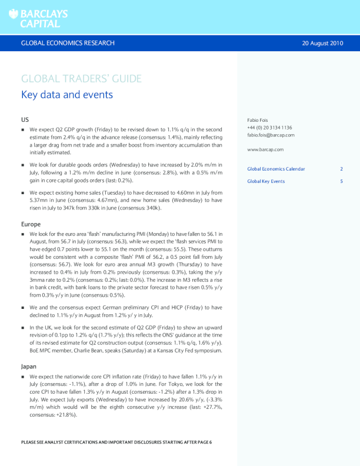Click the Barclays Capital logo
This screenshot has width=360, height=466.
click(x=38, y=18)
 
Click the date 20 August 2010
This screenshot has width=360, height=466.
click(x=322, y=43)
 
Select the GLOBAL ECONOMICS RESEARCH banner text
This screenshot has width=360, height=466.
click(x=68, y=43)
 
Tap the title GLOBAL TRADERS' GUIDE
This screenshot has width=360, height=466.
click(x=81, y=79)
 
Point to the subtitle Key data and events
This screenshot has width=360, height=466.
click(x=67, y=95)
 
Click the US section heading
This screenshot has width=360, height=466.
click(x=25, y=119)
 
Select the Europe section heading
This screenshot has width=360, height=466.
click(x=31, y=224)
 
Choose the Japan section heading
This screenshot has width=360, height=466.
click(x=29, y=366)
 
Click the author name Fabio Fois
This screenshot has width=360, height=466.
click(x=258, y=120)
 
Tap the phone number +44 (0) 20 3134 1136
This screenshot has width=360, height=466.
click(x=269, y=128)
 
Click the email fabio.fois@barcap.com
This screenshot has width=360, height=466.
click(x=271, y=135)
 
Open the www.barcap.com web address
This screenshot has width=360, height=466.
click(x=265, y=149)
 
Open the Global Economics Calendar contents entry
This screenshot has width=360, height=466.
click(x=276, y=169)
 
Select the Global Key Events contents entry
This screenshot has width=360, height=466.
click(x=266, y=181)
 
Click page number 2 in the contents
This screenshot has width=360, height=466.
click(x=341, y=169)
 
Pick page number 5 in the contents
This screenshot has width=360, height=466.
click(x=341, y=181)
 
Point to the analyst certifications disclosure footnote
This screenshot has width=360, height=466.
click(x=116, y=441)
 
